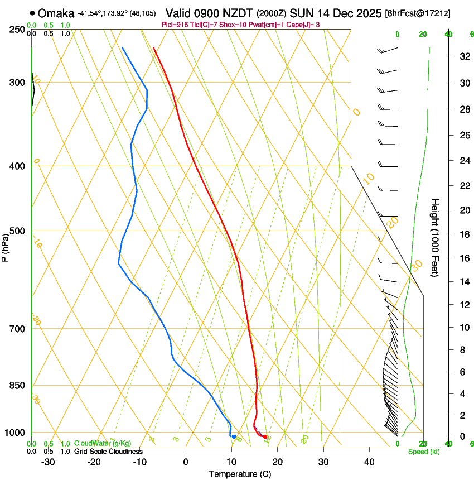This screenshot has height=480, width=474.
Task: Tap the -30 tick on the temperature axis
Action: tap(48, 462)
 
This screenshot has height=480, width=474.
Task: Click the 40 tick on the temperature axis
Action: tap(369, 462)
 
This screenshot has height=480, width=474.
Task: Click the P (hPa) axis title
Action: tap(6, 246)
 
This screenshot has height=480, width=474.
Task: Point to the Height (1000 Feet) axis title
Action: tap(436, 237)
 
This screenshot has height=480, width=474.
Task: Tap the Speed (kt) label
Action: tap(421, 452)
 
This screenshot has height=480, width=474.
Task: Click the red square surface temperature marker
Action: tap(265, 436)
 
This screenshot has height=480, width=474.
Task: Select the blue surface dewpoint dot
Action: tap(234, 436)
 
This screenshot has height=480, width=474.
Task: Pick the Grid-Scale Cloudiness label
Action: tap(108, 452)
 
